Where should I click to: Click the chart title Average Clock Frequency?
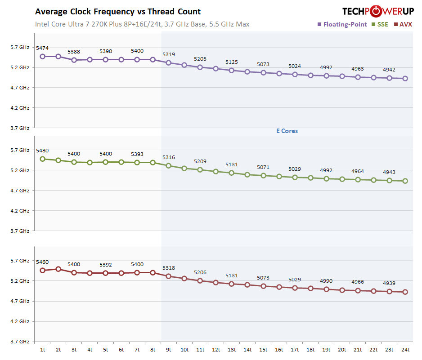pos(118,12)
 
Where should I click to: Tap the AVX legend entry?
pos(405,24)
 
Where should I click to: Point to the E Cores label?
pos(287,131)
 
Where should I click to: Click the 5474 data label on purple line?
pos(42,48)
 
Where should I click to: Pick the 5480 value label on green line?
pos(42,151)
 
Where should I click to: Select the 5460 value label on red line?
pos(42,262)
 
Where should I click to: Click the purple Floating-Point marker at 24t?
pos(405,79)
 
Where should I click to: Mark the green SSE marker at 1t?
pos(43,159)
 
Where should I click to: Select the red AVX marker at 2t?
pos(58,269)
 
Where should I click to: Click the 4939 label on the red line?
pos(389,283)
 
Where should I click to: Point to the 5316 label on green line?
pos(169,157)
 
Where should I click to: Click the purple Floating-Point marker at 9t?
pos(169,62)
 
